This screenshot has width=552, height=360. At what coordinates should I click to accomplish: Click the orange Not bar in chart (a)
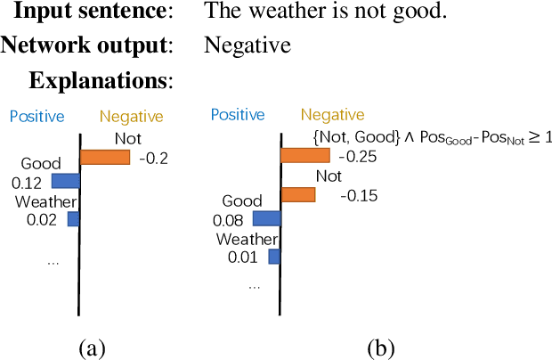coord(105,157)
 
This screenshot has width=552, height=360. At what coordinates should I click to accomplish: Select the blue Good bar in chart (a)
coord(66,181)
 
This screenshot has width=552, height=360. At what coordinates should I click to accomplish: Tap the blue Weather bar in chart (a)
coord(74,217)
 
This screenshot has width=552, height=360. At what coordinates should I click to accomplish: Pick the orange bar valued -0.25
coord(305,156)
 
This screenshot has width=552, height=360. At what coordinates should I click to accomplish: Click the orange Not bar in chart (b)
coord(298,194)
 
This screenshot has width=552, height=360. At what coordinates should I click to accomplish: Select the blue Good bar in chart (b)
coord(266,217)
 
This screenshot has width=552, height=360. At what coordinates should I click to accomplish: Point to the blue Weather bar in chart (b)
coord(274,257)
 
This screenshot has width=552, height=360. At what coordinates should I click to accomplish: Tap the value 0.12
coord(26,182)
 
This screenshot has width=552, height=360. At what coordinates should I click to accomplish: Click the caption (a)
coord(93,347)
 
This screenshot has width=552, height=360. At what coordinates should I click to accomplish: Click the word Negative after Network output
coord(236,45)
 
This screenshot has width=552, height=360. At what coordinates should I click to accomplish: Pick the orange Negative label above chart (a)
coord(132,116)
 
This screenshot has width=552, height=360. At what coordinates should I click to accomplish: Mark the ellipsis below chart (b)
coord(255,287)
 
